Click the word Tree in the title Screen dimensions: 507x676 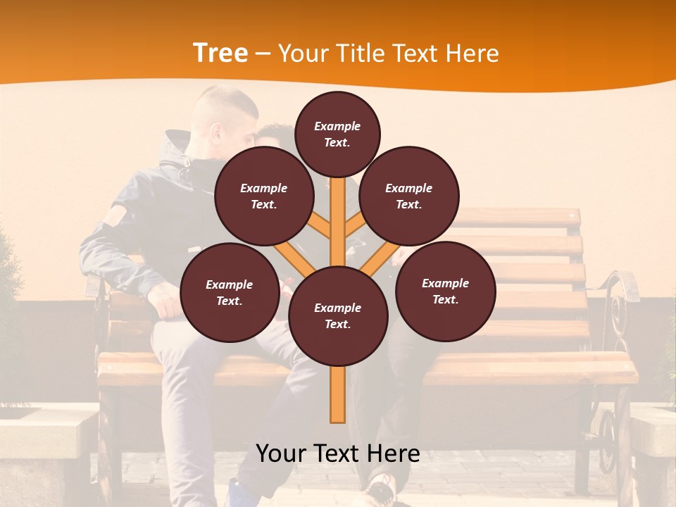pos(220,54)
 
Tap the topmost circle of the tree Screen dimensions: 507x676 pos(337,134)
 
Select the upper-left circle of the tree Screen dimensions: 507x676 pos(263,196)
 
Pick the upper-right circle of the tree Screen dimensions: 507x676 pos(409,196)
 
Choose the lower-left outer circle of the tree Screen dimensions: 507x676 pos(230,292)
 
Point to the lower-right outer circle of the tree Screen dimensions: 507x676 pos(445,291)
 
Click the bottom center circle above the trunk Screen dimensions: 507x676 pos(338,315)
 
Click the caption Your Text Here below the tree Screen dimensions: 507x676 pos(338,453)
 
